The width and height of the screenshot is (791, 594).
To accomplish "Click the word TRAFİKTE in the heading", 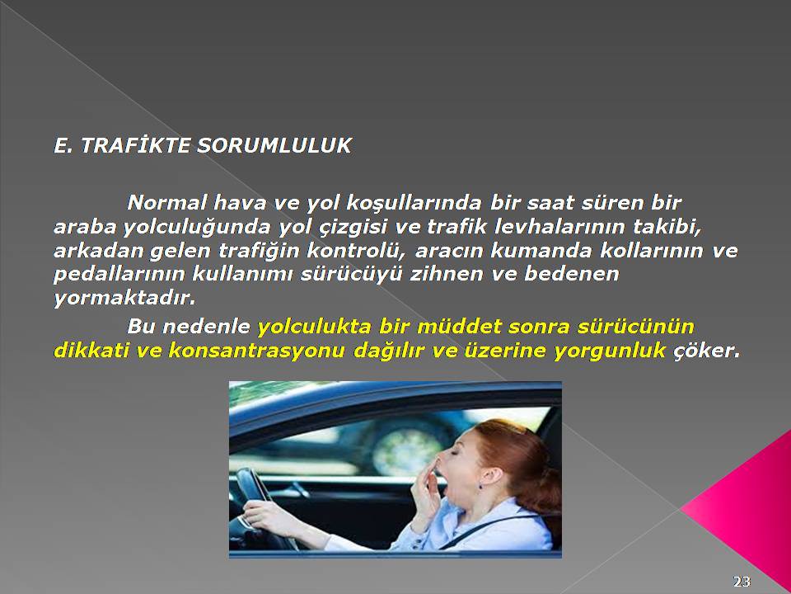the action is pyautogui.click(x=136, y=145).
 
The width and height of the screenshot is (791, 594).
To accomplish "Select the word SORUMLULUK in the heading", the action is pyautogui.click(x=274, y=145).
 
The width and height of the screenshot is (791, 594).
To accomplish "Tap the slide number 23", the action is pyautogui.click(x=742, y=582).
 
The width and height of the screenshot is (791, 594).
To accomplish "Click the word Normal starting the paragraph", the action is pyautogui.click(x=167, y=203).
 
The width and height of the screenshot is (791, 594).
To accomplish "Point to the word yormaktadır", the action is pyautogui.click(x=124, y=298).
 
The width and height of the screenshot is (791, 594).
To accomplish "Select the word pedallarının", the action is pyautogui.click(x=119, y=274).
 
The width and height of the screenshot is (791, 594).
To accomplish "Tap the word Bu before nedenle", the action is pyautogui.click(x=141, y=327).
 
